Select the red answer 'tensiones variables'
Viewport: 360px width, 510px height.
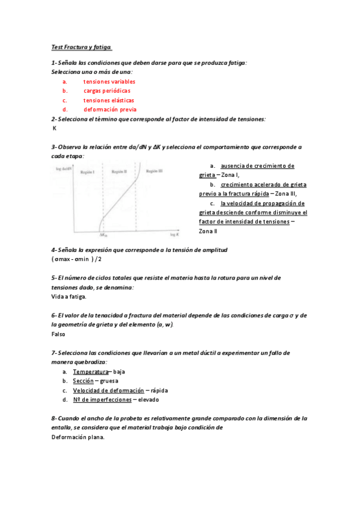(x=109, y=81)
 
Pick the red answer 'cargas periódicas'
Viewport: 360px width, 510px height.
(x=107, y=91)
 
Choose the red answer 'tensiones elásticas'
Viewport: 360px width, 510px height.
(x=109, y=100)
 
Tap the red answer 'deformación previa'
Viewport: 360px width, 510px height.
(x=110, y=109)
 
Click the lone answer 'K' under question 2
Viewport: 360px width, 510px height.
(x=55, y=128)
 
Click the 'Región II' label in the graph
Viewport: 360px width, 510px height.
(x=117, y=171)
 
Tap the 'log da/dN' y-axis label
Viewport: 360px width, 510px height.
(x=63, y=171)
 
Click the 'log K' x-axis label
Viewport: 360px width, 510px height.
(x=175, y=234)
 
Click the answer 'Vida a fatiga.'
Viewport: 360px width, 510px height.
(x=69, y=296)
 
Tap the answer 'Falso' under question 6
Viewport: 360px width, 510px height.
(x=58, y=334)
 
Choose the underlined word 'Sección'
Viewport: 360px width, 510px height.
(x=84, y=381)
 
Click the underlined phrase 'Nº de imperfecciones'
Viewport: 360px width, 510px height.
(x=101, y=399)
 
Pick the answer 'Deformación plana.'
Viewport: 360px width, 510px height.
(x=78, y=437)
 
